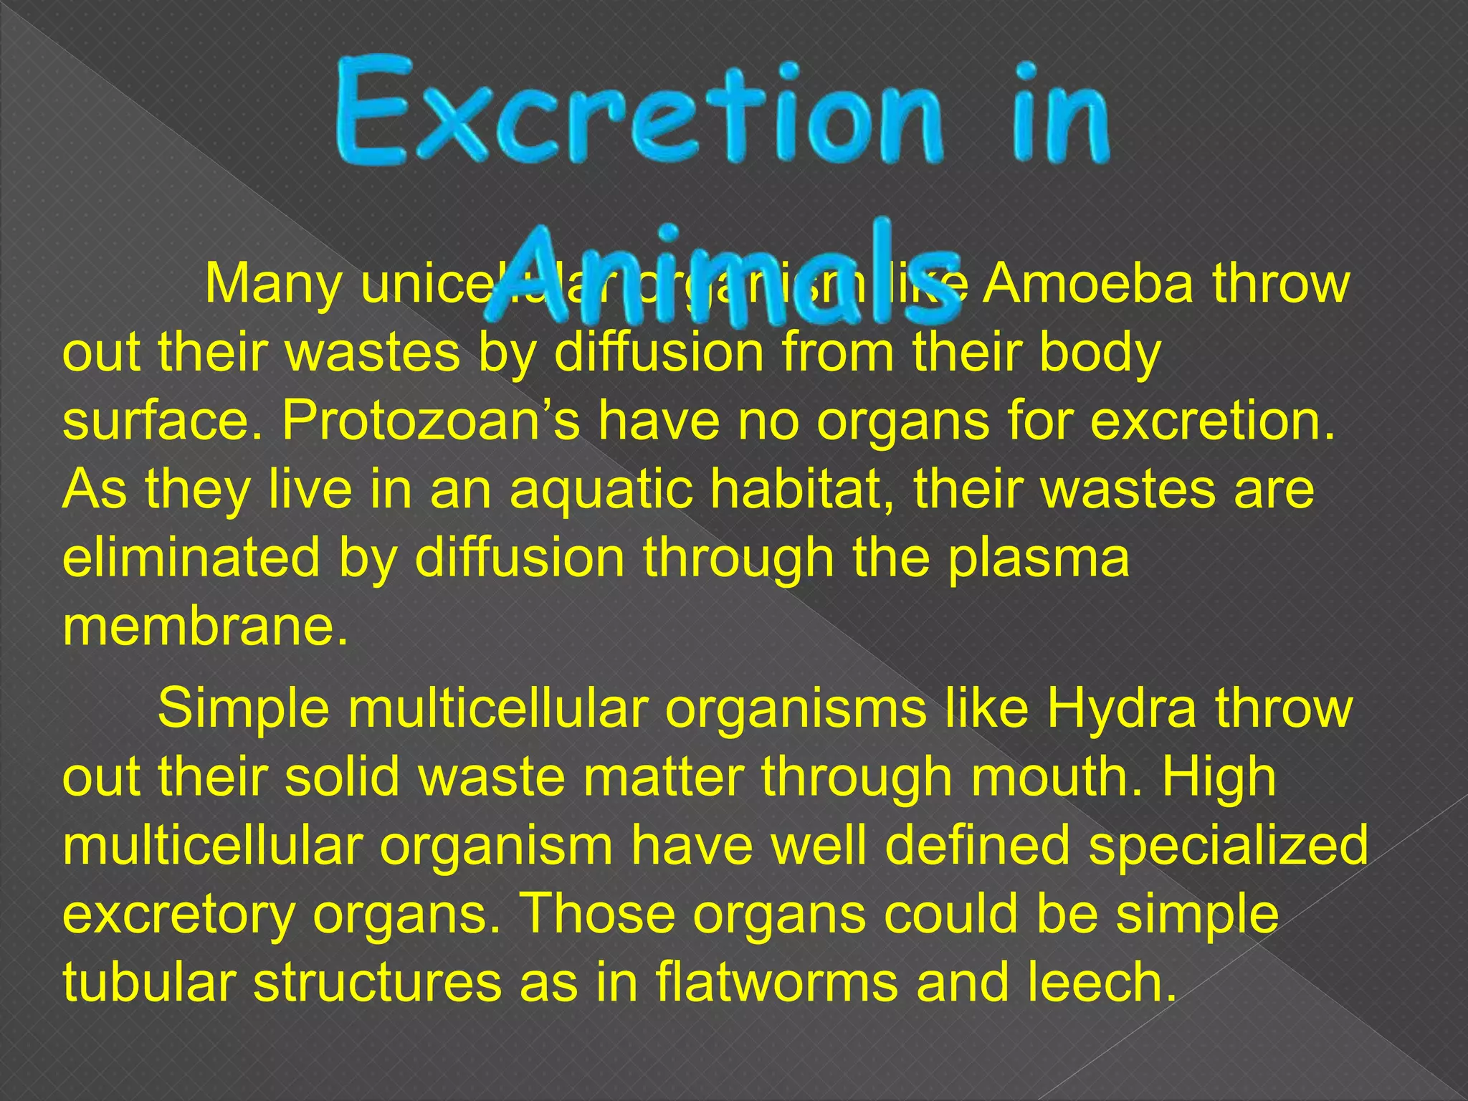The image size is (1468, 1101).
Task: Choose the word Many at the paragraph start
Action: tap(273, 286)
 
